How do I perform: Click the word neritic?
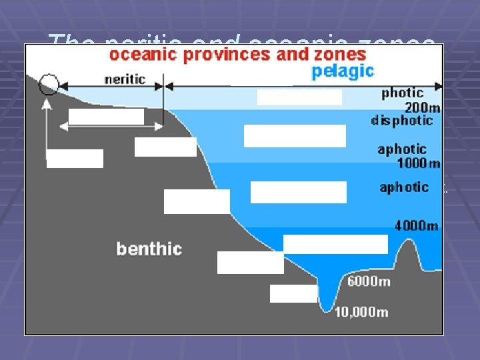tap(125, 79)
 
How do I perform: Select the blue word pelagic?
tap(343, 70)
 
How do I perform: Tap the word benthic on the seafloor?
tap(149, 249)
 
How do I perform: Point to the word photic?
tap(402, 93)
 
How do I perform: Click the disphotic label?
tap(402, 121)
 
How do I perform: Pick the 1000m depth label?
tap(418, 163)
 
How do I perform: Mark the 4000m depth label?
tap(416, 226)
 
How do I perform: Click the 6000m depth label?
tap(369, 281)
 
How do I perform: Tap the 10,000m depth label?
tap(361, 312)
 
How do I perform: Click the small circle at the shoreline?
tap(49, 85)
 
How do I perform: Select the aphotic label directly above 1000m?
tap(402, 149)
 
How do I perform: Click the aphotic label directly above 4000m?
tap(404, 187)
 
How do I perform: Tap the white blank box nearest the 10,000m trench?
tap(293, 293)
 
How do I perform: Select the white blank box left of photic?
tap(299, 97)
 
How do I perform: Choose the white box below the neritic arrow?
tap(106, 117)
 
